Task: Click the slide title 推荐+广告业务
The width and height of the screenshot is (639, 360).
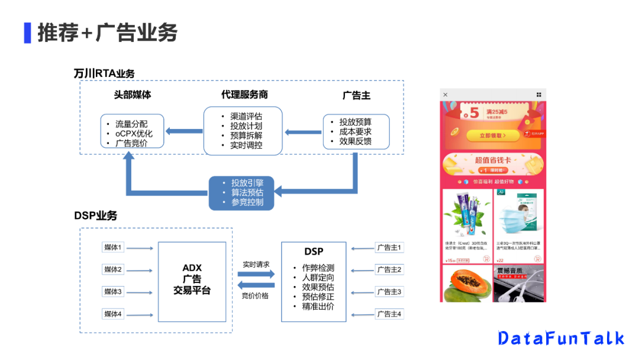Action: pos(107,33)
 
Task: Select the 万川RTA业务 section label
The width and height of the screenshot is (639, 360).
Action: pos(104,73)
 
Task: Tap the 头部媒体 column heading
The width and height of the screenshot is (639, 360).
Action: pos(132,95)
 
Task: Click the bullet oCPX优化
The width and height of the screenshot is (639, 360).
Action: pos(134,133)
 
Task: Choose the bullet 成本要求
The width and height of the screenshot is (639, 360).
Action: pos(355,131)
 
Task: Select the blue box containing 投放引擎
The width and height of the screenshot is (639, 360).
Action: pos(243,192)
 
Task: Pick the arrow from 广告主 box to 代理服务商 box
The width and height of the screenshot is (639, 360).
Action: pos(302,131)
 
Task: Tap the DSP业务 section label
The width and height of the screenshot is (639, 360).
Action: pos(95,216)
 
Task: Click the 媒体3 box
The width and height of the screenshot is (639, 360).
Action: pos(113,291)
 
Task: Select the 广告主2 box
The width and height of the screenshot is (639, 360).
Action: pos(389,269)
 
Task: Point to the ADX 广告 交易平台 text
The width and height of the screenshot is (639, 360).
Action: pos(192,279)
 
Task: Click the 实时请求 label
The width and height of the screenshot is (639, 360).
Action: pos(256,264)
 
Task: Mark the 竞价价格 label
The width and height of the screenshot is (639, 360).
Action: pos(256,295)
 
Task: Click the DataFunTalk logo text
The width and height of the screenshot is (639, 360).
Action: pos(561,338)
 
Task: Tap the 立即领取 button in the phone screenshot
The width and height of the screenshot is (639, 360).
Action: pos(493,136)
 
